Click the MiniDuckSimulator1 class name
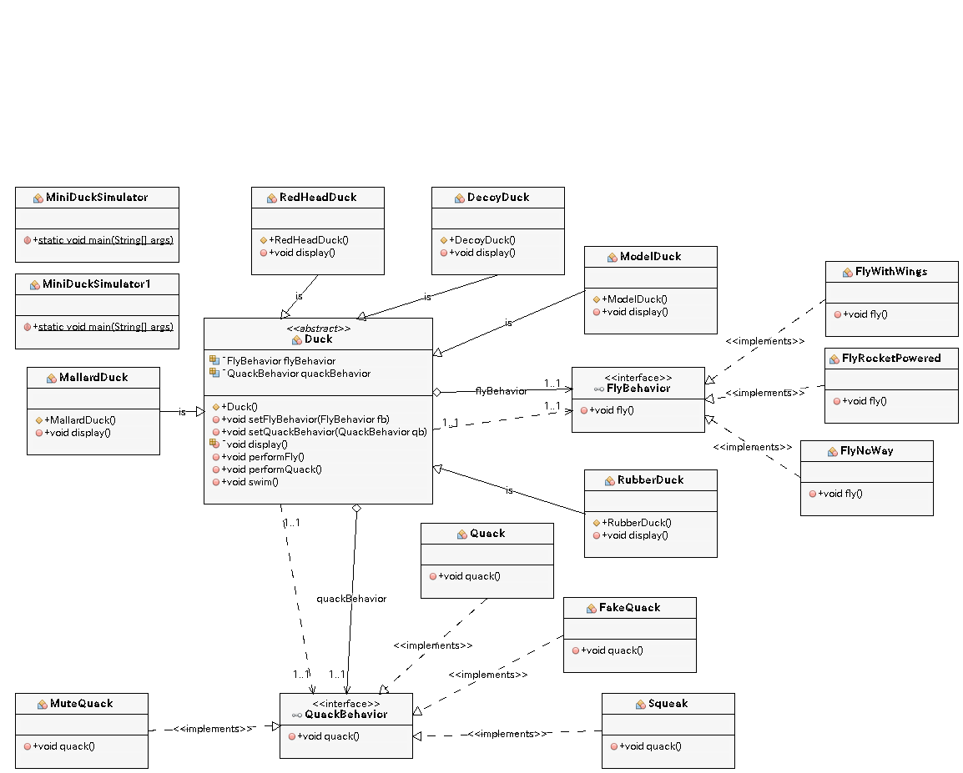(97, 284)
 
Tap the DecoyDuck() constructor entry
(482, 240)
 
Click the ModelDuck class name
(650, 257)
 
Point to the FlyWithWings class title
(891, 272)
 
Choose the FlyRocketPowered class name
(891, 359)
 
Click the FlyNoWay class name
(867, 451)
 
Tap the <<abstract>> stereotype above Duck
(318, 329)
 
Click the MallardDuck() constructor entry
(80, 420)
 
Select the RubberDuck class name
(650, 480)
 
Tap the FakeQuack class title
(629, 608)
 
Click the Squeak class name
(668, 704)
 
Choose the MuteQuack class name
(81, 704)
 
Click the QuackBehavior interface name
(345, 715)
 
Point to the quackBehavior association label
(351, 599)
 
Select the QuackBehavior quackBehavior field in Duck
(299, 374)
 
